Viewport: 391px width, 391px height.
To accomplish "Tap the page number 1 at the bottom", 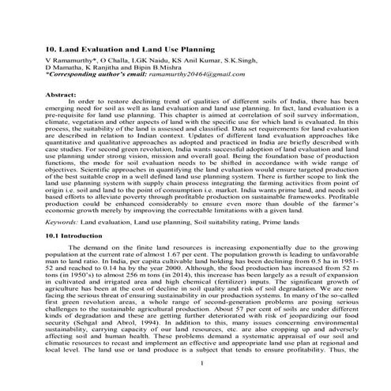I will tap(204, 385).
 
